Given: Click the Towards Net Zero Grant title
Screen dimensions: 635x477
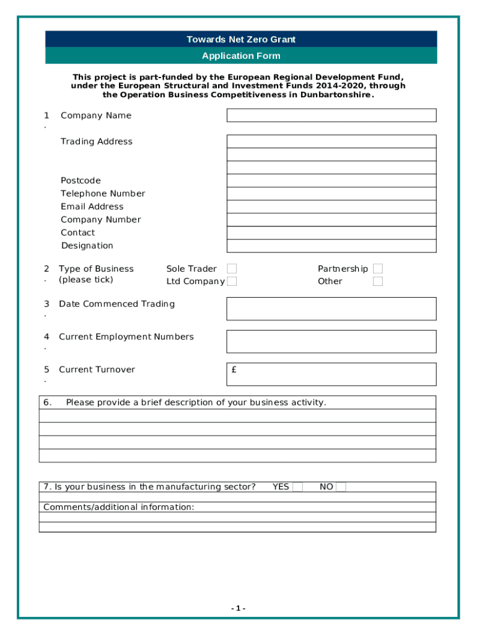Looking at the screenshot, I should [x=241, y=40].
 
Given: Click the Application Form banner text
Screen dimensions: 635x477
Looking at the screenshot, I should [x=241, y=56].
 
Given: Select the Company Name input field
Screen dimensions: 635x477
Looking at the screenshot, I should [x=331, y=115].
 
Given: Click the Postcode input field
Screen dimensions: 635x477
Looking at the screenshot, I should [x=331, y=180].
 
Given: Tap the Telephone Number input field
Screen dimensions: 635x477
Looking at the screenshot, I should [x=331, y=193].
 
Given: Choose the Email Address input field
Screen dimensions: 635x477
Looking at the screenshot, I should [x=331, y=206].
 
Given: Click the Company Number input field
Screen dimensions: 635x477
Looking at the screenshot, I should [x=331, y=220].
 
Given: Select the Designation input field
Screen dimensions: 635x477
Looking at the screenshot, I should [x=331, y=246].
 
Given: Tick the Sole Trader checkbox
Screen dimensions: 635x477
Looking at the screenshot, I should [x=232, y=269].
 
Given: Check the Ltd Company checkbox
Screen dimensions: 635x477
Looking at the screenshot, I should [x=232, y=282].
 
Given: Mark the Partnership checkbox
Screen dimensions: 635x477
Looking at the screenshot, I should [x=378, y=269].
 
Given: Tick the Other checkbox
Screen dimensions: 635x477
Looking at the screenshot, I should [x=378, y=282].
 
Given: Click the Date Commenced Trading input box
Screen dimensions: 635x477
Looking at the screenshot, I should [x=331, y=309].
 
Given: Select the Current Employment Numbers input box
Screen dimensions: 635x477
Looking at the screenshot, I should [x=331, y=342].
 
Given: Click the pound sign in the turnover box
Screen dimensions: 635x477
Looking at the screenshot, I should [x=234, y=370].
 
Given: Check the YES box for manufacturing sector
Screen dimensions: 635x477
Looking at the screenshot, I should [x=298, y=487].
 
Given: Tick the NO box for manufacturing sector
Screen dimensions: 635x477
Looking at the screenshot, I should [x=341, y=487].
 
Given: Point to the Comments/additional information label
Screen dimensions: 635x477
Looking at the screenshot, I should [x=118, y=507].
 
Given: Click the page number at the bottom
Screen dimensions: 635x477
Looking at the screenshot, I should [x=239, y=608].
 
